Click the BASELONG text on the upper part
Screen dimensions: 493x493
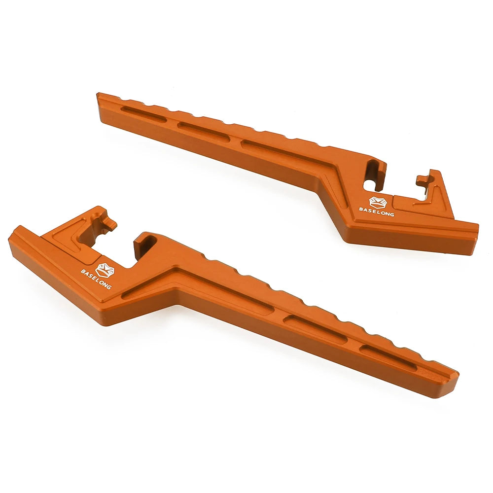(x=376, y=210)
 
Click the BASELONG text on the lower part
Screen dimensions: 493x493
(x=96, y=279)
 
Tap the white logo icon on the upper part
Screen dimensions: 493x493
(x=377, y=201)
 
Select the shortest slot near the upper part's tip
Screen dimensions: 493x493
(x=143, y=114)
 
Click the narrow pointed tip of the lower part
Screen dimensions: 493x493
(x=451, y=380)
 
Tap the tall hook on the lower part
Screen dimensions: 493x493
(x=144, y=245)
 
